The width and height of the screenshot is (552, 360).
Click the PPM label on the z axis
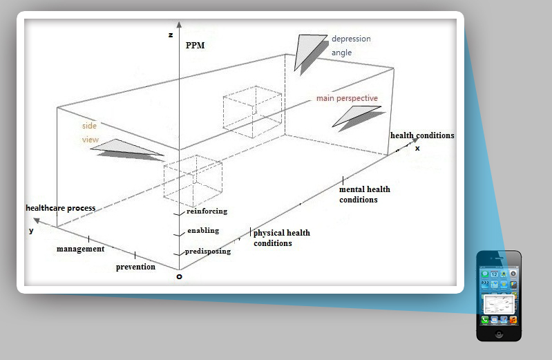click(195, 46)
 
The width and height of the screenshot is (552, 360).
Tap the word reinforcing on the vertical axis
click(207, 211)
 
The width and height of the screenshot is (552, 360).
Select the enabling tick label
click(203, 230)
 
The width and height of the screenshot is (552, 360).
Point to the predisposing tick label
click(208, 251)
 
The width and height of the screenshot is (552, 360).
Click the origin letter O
click(179, 277)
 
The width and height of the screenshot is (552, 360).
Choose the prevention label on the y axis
click(135, 267)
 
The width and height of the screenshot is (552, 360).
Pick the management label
click(81, 249)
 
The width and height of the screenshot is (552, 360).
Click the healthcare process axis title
click(61, 208)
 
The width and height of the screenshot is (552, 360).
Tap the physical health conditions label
click(282, 238)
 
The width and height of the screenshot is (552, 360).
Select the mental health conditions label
click(364, 194)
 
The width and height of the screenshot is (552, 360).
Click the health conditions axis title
click(422, 135)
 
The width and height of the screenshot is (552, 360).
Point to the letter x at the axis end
click(417, 149)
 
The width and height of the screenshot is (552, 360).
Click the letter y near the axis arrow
click(31, 231)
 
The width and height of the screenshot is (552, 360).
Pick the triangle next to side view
click(127, 150)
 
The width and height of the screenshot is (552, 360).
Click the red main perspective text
click(347, 98)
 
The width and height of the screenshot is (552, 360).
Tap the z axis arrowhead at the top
click(179, 24)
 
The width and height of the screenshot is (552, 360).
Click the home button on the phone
click(499, 334)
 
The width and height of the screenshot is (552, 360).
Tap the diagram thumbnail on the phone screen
click(499, 304)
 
